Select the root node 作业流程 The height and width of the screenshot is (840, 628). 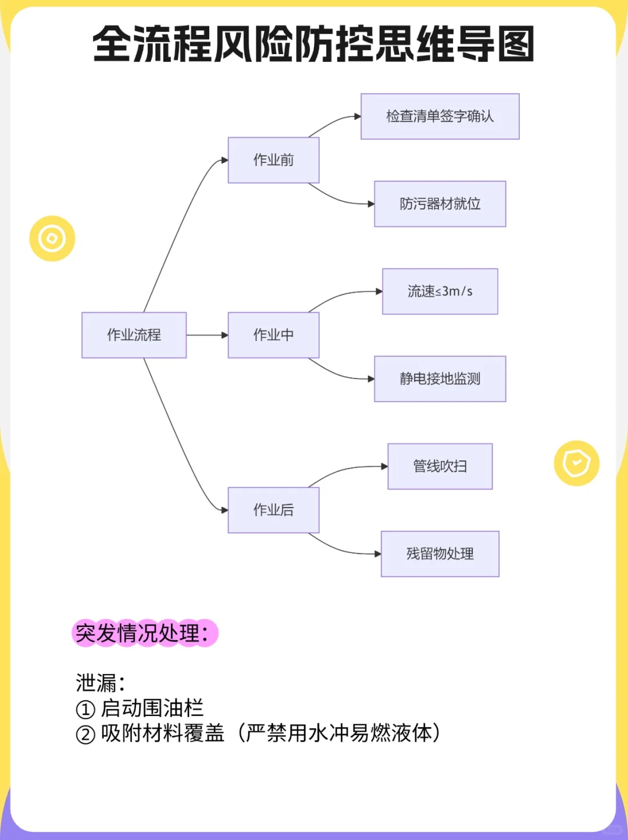pyautogui.click(x=134, y=335)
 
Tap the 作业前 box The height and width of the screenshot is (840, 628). pyautogui.click(x=273, y=160)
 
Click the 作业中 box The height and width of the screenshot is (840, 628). pyautogui.click(x=273, y=335)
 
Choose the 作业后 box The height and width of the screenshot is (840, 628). pyautogui.click(x=273, y=510)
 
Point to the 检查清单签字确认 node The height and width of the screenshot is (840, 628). pyautogui.click(x=440, y=116)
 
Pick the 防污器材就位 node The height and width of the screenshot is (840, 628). pyautogui.click(x=440, y=204)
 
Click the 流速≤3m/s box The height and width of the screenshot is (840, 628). pyautogui.click(x=440, y=292)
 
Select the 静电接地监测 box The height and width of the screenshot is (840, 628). pyautogui.click(x=440, y=379)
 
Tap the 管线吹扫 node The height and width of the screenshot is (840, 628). pyautogui.click(x=440, y=466)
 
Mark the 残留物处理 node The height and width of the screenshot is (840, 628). pyautogui.click(x=440, y=554)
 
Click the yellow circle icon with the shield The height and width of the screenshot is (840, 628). pyautogui.click(x=576, y=463)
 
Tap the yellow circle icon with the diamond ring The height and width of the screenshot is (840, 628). pyautogui.click(x=52, y=239)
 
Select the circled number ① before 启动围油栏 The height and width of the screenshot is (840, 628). pyautogui.click(x=85, y=710)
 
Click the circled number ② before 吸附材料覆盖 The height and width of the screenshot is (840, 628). pyautogui.click(x=85, y=735)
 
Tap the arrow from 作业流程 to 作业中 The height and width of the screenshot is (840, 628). pyautogui.click(x=206, y=335)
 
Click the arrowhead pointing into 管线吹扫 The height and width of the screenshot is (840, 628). pyautogui.click(x=384, y=466)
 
